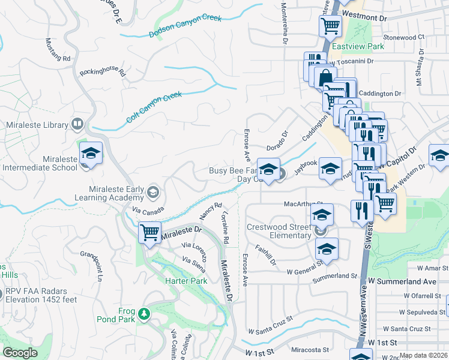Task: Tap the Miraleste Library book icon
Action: [77, 125]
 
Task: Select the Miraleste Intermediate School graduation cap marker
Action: [91, 154]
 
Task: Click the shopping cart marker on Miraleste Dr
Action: [149, 232]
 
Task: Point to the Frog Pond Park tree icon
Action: [143, 314]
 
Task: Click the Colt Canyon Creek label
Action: [154, 107]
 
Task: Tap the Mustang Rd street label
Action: [58, 51]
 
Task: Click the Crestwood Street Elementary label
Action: [279, 232]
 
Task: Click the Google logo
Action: [20, 353]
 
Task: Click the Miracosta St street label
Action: [310, 349]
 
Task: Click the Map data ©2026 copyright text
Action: [423, 355]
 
